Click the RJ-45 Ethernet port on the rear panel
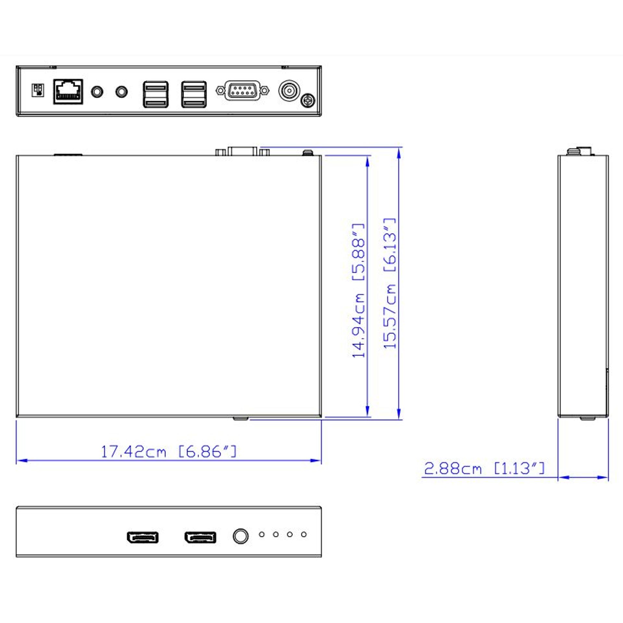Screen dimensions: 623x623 (68, 92)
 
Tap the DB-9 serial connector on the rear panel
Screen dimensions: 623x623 (242, 90)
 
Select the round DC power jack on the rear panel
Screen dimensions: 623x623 (289, 91)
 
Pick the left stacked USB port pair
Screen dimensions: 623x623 (156, 94)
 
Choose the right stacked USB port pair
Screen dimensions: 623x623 (194, 94)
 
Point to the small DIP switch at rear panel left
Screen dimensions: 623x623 (38, 90)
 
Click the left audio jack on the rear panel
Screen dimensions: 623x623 (97, 92)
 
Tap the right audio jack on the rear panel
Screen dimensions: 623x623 (121, 92)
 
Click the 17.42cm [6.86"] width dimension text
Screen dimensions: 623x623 (169, 452)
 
